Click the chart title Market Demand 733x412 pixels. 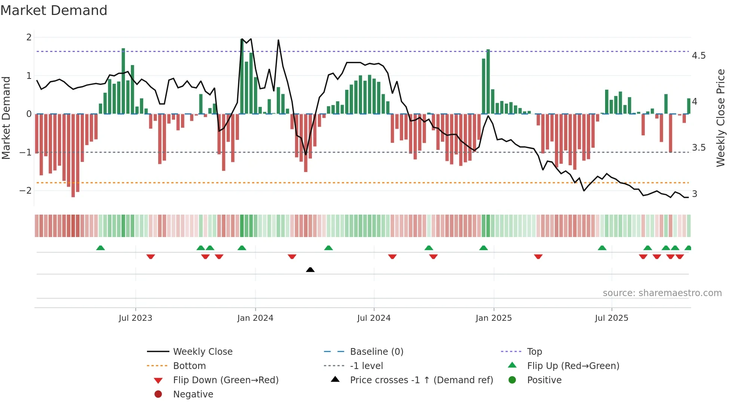tap(54, 10)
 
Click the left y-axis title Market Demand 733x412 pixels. tap(6, 118)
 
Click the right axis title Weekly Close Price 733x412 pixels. tap(720, 118)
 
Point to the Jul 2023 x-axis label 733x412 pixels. tap(135, 318)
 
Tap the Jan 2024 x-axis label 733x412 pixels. tap(255, 318)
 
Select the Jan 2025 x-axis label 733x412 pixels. tap(494, 318)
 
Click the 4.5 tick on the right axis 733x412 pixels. tap(699, 56)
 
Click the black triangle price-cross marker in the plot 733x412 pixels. tap(310, 270)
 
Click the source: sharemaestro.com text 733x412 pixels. tap(662, 293)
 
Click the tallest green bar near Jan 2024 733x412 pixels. tap(242, 77)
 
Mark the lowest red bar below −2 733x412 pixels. tap(73, 155)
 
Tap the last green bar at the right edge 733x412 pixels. tap(688, 106)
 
